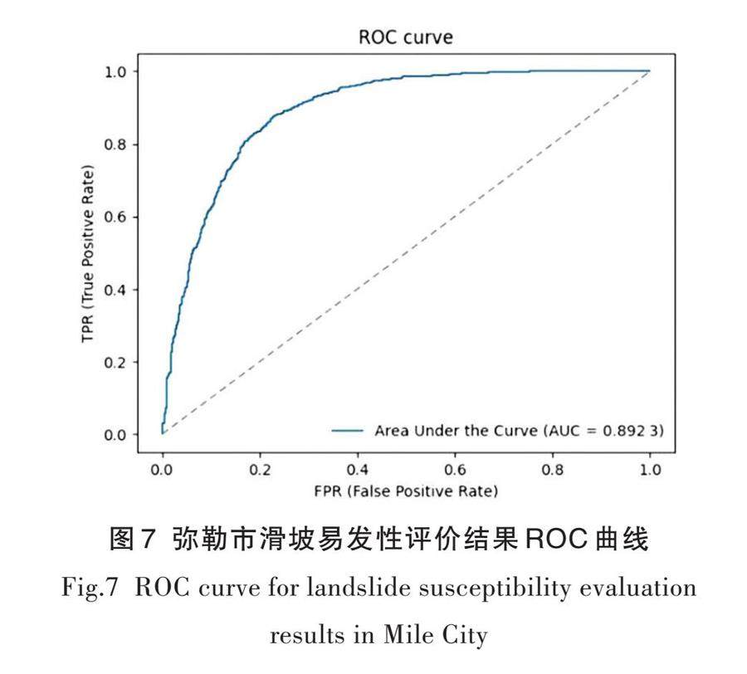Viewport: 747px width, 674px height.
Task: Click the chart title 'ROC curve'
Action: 406,37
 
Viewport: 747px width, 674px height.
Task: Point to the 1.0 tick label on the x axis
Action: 650,471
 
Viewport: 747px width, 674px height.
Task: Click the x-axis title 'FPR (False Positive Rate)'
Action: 406,491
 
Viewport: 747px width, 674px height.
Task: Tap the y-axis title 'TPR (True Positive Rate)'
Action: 88,252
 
